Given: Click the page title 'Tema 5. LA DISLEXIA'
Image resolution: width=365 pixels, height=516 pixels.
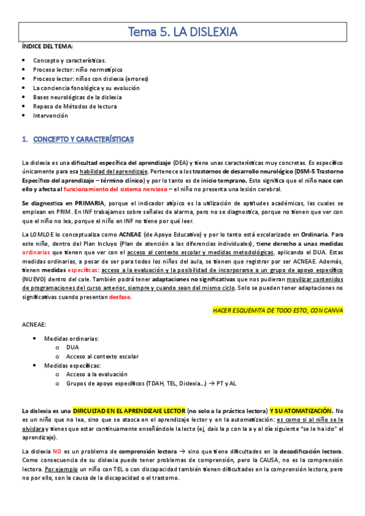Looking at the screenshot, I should (x=183, y=31).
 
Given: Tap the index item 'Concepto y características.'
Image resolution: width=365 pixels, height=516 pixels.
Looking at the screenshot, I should (x=69, y=61).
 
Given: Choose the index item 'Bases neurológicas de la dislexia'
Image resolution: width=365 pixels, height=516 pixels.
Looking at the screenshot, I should (x=77, y=97).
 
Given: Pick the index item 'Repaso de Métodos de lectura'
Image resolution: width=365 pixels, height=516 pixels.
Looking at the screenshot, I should (x=75, y=106).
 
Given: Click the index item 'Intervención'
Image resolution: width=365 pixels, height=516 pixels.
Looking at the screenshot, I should (x=50, y=115).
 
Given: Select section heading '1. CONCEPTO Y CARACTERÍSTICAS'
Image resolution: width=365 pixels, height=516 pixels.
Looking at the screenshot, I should (x=77, y=139).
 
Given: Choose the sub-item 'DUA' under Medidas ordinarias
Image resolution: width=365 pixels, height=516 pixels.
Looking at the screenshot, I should (x=73, y=347).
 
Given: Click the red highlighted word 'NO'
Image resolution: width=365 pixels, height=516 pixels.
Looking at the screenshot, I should (x=57, y=451).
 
